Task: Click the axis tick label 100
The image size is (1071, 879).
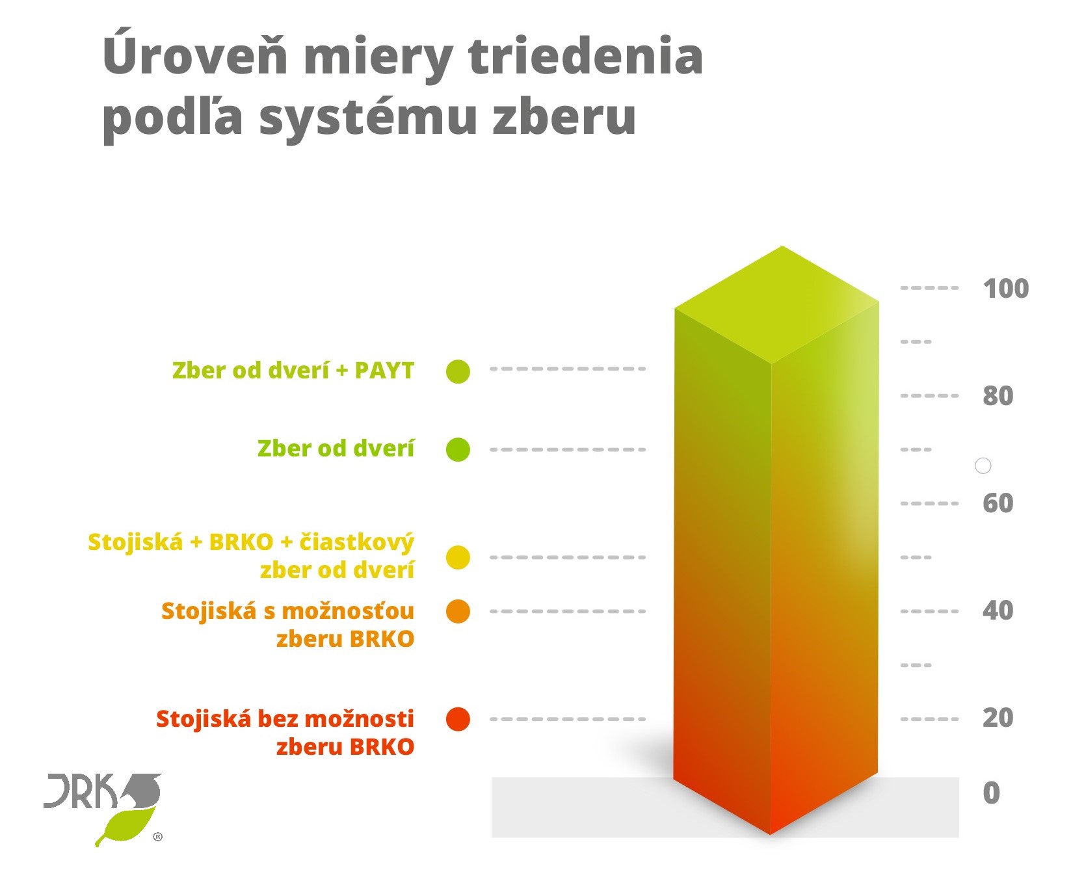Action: point(1005,289)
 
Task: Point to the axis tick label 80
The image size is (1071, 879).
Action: point(998,396)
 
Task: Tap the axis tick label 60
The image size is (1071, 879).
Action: point(998,503)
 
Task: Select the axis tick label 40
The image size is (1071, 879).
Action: point(998,610)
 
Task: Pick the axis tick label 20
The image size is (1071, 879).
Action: point(998,718)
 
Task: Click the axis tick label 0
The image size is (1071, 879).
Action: point(991,793)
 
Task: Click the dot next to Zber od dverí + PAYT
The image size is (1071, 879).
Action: point(458,371)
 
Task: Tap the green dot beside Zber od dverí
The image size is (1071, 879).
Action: point(458,449)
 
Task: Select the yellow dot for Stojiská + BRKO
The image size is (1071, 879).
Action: point(458,557)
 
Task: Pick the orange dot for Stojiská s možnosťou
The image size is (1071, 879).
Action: point(458,611)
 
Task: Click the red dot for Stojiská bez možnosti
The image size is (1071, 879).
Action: point(458,719)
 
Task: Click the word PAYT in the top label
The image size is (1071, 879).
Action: point(384,371)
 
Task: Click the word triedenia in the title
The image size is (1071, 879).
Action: point(585,56)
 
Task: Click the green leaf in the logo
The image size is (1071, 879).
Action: point(127,826)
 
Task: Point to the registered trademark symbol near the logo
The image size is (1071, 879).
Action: point(157,837)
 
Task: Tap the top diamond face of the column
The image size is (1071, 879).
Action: point(776,304)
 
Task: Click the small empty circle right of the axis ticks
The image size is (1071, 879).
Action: point(983,466)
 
